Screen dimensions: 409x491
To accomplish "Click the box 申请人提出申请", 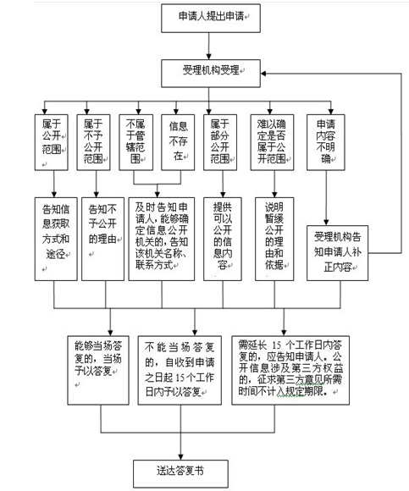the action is (211, 18).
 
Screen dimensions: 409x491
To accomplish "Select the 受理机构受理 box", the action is (211, 74).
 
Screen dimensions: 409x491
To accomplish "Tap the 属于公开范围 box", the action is (52, 142).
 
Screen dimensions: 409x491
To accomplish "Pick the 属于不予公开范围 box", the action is (94, 142).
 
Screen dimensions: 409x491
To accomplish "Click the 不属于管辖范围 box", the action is (136, 142).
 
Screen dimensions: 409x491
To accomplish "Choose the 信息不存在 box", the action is (178, 142).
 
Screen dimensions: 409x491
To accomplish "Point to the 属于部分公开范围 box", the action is (220, 142).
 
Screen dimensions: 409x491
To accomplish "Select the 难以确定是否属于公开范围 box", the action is (272, 142).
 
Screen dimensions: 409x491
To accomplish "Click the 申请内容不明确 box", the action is (326, 142).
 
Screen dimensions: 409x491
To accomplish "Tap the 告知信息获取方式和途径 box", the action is (56, 239).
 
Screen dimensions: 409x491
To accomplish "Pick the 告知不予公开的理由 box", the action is (103, 239).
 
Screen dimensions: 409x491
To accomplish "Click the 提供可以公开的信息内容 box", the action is (223, 239).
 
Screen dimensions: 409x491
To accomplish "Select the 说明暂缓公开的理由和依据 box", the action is (274, 239).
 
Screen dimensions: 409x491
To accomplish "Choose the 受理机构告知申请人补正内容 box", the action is (337, 253).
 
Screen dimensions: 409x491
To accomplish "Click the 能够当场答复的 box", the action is (98, 371).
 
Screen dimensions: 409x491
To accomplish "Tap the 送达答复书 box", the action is (180, 473).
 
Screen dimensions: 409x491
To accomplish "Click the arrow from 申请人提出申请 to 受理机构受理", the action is (209, 46).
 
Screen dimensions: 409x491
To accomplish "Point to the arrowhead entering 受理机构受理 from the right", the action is (263, 74).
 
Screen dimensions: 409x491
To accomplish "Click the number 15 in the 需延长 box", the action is (277, 345).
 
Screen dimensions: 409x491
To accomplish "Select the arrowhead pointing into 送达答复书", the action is (180, 456).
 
